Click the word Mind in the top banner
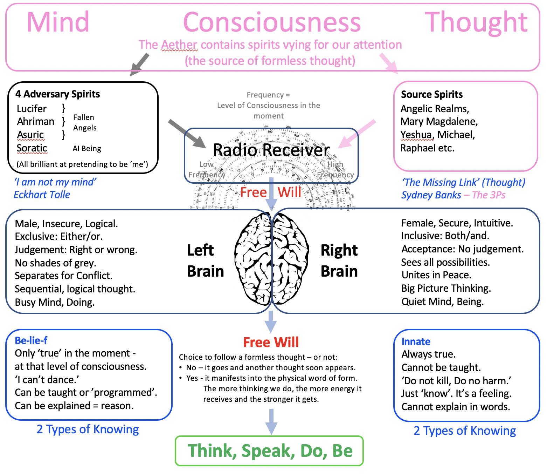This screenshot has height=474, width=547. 58,22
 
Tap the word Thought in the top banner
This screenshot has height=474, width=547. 476,22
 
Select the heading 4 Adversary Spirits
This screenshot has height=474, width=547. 57,94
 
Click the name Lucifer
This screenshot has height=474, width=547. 32,109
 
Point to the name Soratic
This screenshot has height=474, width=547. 32,148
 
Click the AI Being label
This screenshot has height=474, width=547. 87,149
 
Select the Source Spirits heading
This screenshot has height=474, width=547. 431,94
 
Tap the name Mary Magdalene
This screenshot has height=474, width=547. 439,122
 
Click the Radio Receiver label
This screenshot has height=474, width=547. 271,150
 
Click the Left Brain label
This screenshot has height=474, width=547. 205,261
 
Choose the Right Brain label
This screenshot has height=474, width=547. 339,261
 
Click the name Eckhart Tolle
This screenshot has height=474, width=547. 42,195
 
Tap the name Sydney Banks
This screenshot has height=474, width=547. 431,195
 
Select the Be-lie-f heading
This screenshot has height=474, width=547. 31,340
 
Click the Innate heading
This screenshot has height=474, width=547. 416,341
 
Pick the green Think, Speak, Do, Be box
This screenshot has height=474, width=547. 269,451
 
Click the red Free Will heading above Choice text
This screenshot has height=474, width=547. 271,342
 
